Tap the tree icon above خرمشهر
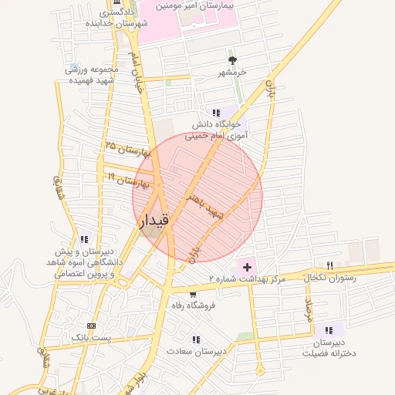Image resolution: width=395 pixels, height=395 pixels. (231, 60)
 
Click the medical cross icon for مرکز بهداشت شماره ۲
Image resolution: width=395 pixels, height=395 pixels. (247, 266)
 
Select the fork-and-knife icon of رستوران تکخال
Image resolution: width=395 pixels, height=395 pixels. (330, 265)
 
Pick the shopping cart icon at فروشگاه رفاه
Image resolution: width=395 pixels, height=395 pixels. (192, 294)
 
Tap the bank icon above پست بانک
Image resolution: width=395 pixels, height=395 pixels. (91, 326)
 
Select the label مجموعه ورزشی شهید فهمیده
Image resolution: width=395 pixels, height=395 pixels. (89, 75)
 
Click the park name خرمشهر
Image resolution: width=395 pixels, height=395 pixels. (231, 72)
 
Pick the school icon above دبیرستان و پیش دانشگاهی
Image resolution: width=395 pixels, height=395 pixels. (84, 239)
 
